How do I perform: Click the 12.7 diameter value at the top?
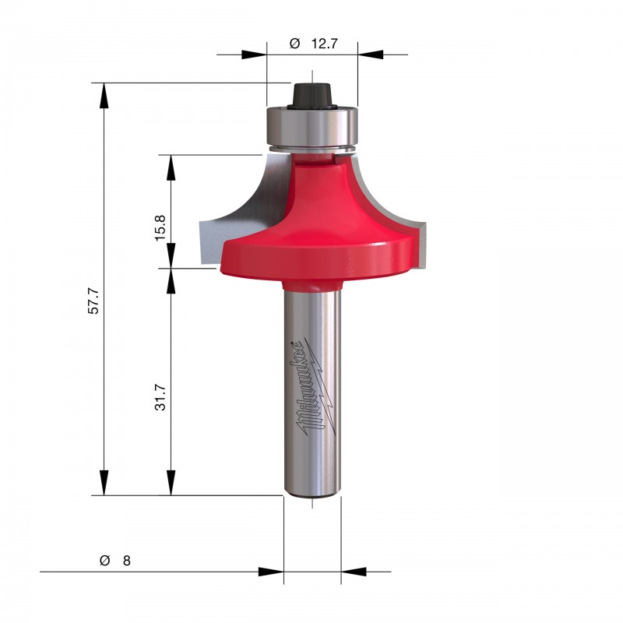click(x=324, y=44)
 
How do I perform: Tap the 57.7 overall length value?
click(x=93, y=301)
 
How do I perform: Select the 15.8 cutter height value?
click(x=160, y=228)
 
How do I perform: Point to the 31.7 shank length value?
click(x=160, y=397)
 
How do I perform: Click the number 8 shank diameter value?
click(x=127, y=561)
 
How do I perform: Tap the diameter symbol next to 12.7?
click(x=295, y=43)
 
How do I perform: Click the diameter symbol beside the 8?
click(x=104, y=560)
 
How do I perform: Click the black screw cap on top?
click(x=312, y=95)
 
